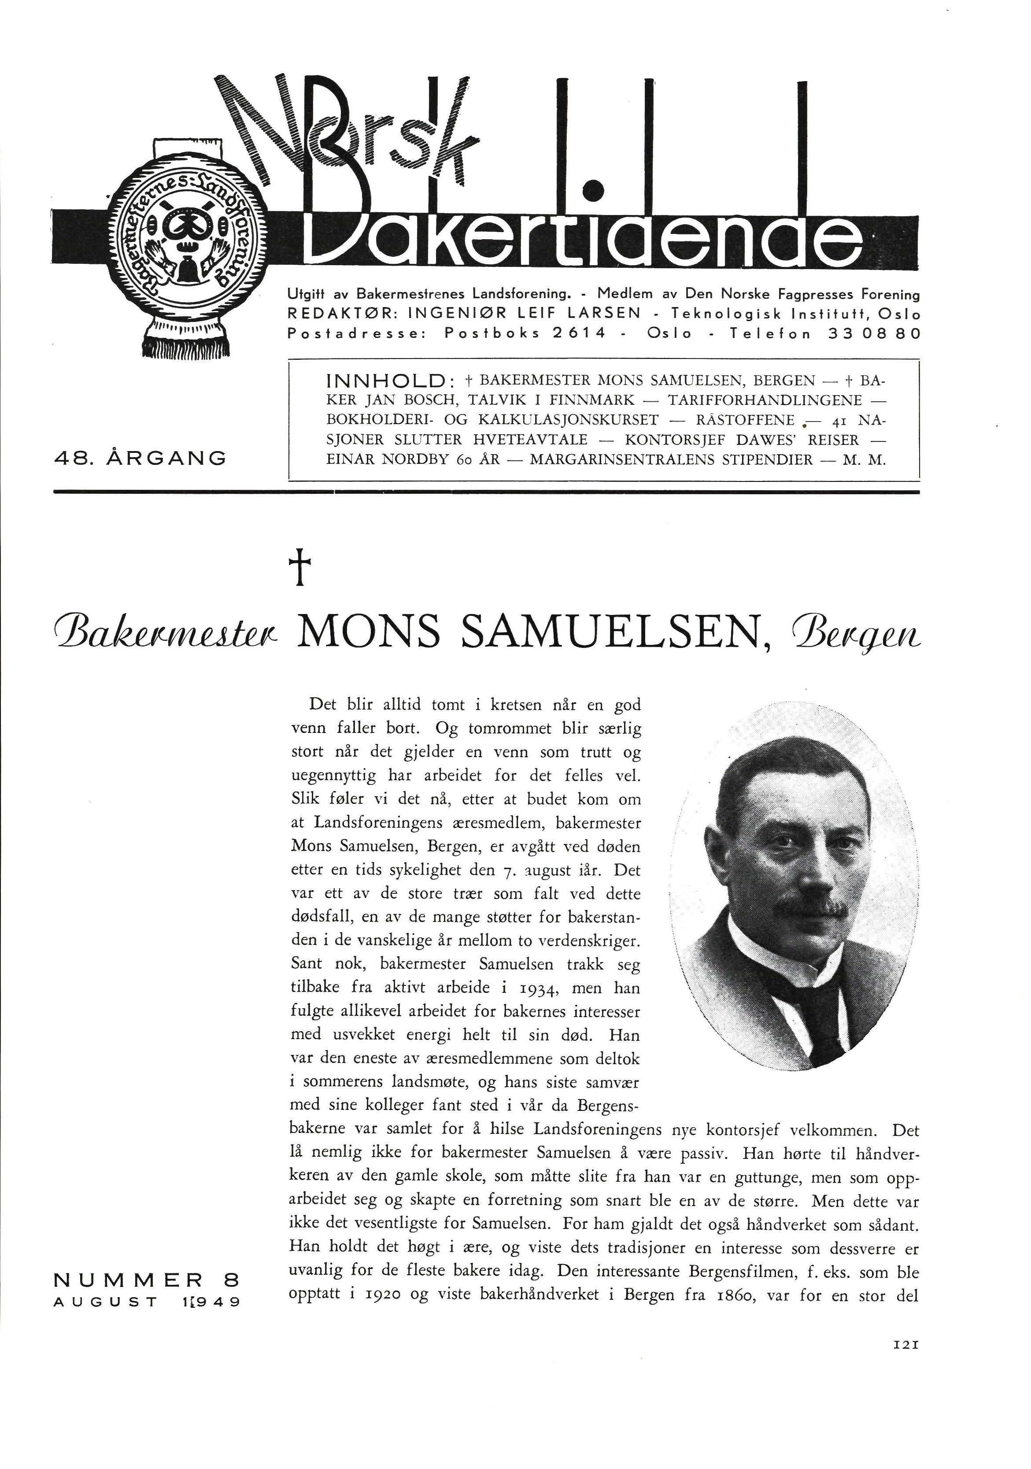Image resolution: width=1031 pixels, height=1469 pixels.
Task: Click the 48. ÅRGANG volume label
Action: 140,458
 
